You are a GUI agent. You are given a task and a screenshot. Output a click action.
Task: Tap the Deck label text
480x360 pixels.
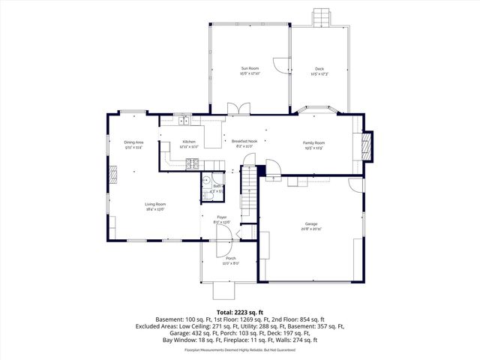point(319,69)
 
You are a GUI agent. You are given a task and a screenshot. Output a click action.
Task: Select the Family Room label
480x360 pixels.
point(313,142)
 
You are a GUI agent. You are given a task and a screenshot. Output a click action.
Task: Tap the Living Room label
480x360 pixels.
point(155,204)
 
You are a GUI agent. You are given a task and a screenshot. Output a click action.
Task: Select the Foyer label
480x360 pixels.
point(222,217)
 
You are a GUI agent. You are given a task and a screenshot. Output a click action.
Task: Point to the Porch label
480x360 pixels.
point(230,259)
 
